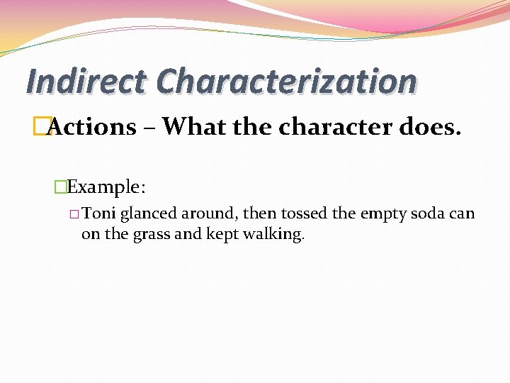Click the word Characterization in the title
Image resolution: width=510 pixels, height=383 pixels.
287,82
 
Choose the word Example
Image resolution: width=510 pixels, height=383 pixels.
107,187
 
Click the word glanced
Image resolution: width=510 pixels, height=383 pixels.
148,214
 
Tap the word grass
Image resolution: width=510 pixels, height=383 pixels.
151,234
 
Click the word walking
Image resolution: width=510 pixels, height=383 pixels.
274,234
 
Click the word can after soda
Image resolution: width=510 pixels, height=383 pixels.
463,214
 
